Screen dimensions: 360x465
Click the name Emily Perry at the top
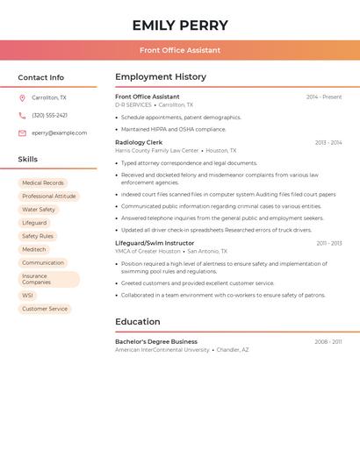(x=180, y=25)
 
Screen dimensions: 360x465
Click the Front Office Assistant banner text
(x=180, y=50)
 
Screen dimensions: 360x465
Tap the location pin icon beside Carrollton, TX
(x=22, y=98)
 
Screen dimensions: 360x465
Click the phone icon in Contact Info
(x=22, y=116)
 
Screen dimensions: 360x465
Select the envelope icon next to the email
(x=22, y=133)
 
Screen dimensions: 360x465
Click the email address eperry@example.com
(x=60, y=133)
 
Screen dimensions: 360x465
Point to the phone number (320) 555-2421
(x=49, y=116)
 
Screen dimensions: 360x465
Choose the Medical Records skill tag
(x=43, y=183)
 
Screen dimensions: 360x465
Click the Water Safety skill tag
(x=39, y=210)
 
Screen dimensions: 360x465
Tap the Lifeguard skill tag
(x=34, y=223)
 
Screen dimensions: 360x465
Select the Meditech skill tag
(x=34, y=249)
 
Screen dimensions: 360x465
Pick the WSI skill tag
(x=27, y=296)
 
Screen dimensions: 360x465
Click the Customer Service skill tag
(x=45, y=309)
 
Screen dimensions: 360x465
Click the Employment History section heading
(x=161, y=77)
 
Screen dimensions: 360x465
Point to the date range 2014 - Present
(x=324, y=97)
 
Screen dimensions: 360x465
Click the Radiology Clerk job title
(x=139, y=142)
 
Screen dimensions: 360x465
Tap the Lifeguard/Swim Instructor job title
(x=155, y=243)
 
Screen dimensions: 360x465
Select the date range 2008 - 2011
(x=328, y=342)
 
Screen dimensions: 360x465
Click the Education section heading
(x=138, y=322)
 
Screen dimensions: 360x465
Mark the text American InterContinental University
(x=162, y=350)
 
